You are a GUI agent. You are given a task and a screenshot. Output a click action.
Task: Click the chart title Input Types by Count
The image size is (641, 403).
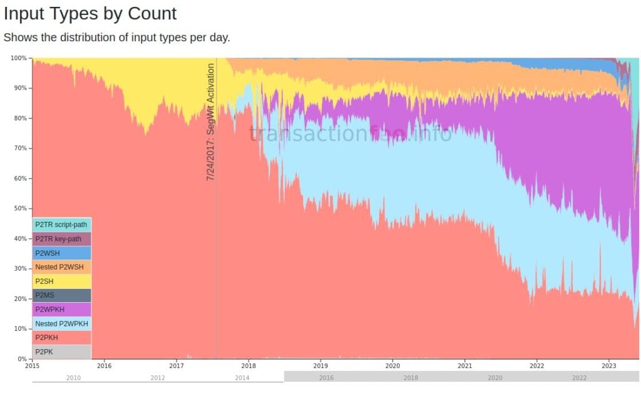(90, 13)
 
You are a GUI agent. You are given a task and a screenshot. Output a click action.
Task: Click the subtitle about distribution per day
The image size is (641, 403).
(117, 37)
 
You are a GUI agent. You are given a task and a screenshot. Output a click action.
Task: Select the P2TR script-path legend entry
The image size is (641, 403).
(61, 224)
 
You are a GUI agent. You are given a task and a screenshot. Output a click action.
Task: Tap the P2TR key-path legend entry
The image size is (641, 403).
(61, 239)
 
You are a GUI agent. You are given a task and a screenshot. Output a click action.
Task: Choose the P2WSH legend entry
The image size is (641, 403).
(61, 253)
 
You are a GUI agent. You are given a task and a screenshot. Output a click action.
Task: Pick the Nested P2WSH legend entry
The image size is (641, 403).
(61, 267)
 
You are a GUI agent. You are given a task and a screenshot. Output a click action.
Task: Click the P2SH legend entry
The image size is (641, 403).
(61, 281)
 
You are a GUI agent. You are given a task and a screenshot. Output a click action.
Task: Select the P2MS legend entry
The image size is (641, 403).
(61, 295)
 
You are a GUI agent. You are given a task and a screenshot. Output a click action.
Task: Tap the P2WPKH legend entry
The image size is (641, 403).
(61, 310)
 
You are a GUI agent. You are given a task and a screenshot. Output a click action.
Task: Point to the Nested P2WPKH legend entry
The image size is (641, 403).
(61, 323)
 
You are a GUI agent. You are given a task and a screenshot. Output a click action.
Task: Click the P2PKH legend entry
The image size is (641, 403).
(61, 337)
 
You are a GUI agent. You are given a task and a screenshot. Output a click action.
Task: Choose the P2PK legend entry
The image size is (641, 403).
(61, 352)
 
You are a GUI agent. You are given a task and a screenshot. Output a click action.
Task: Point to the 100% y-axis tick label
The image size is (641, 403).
(19, 58)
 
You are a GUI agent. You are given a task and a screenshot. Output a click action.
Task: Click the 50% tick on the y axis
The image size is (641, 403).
(20, 209)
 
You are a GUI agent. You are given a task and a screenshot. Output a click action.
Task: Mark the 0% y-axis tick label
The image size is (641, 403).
(22, 359)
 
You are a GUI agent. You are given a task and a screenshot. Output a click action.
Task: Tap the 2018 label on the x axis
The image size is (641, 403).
(249, 365)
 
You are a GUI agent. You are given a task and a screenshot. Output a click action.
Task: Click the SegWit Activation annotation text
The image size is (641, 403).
(211, 122)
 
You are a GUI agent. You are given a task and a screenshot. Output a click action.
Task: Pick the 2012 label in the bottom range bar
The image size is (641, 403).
(158, 378)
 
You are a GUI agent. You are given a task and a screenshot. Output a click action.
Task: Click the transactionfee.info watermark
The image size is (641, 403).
(350, 133)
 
